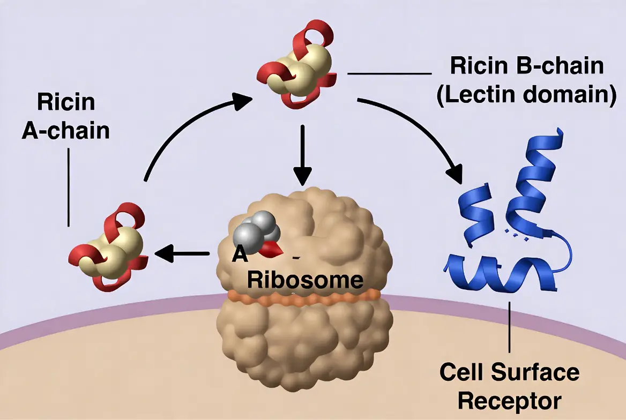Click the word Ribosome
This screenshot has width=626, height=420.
[x=305, y=280]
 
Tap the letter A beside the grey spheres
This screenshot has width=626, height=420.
[x=240, y=254]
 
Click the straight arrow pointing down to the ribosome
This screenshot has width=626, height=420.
[x=303, y=155]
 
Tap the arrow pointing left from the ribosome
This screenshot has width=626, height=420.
[x=182, y=253]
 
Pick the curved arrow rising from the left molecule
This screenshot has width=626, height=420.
[x=182, y=129]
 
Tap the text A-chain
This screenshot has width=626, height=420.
[x=66, y=130]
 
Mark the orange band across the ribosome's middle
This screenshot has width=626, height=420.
[x=303, y=297]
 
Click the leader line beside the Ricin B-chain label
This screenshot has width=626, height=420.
[x=389, y=73]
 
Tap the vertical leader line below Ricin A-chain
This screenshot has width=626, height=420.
[x=69, y=187]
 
